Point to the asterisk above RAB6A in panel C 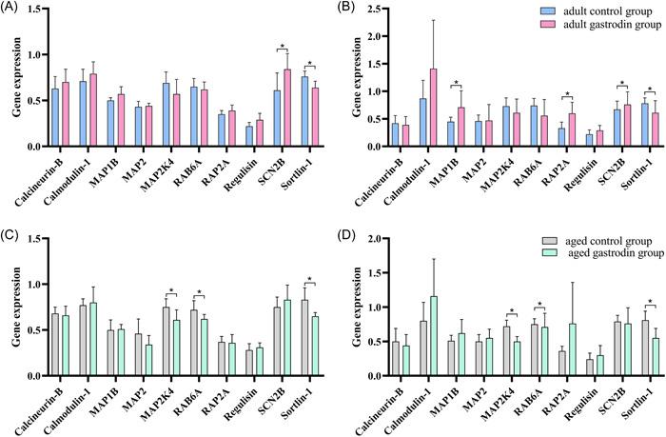(x=200, y=292)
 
